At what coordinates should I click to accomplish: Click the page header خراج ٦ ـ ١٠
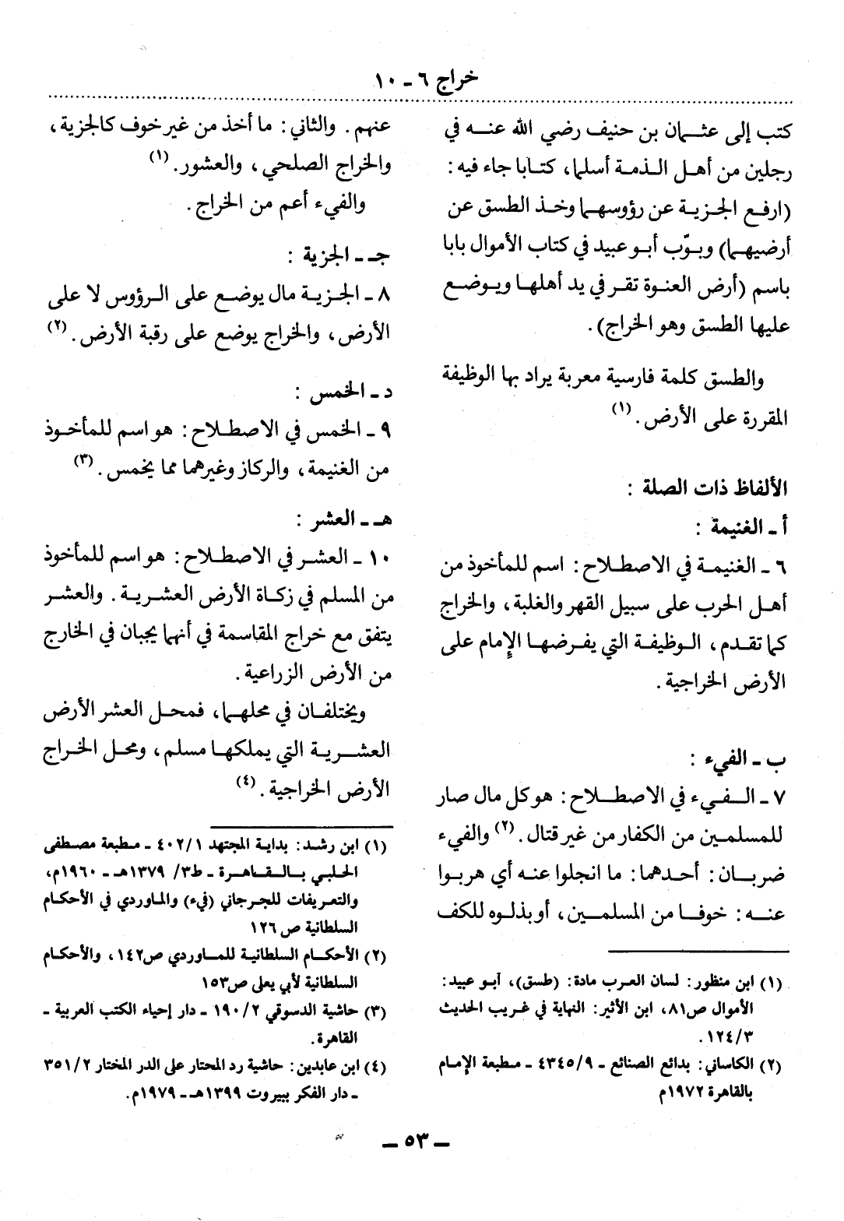[x=421, y=79]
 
